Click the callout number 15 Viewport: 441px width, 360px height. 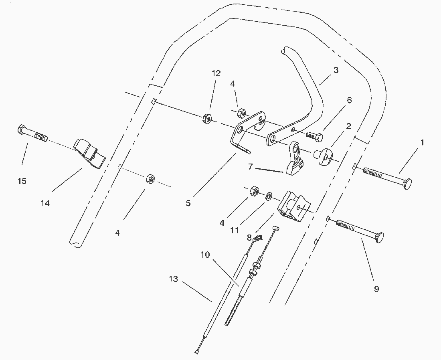point(22,181)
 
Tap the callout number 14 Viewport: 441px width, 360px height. point(45,203)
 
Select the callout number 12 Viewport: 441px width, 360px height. point(216,73)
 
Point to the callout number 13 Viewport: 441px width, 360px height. point(174,279)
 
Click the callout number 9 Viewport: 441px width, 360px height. point(376,289)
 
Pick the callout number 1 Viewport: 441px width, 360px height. point(422,143)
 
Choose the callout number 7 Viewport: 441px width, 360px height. point(251,166)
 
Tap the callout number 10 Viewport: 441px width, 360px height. point(205,255)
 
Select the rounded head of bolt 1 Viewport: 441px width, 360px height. point(408,184)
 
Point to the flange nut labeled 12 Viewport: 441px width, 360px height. point(207,118)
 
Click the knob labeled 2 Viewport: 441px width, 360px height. point(324,156)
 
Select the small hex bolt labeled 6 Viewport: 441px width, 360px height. point(314,137)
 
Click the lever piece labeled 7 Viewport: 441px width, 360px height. point(295,158)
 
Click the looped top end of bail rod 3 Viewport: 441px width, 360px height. point(284,51)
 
